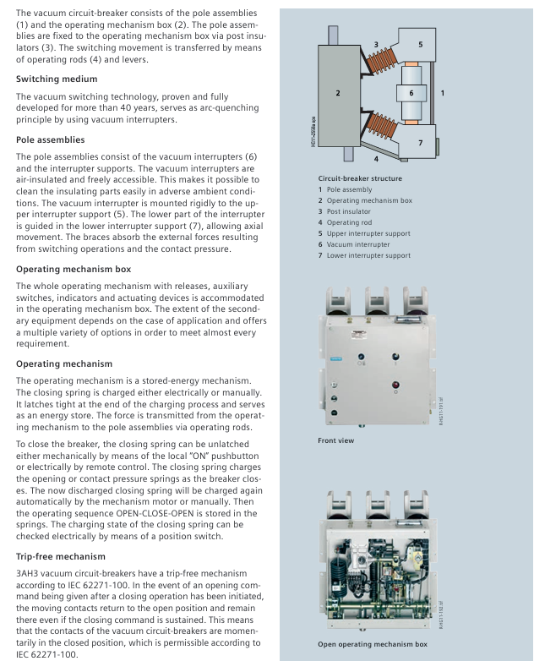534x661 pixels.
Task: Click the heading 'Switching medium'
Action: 56,79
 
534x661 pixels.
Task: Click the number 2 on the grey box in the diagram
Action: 337,92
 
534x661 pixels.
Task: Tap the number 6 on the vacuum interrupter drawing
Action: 411,93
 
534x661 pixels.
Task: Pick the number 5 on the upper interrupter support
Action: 420,44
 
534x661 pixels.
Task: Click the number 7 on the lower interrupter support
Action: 420,142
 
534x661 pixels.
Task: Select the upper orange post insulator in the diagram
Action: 376,63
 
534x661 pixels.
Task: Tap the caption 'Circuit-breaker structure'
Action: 360,178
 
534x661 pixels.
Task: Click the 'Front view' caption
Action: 336,440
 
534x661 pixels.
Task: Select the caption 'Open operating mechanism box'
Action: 371,644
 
